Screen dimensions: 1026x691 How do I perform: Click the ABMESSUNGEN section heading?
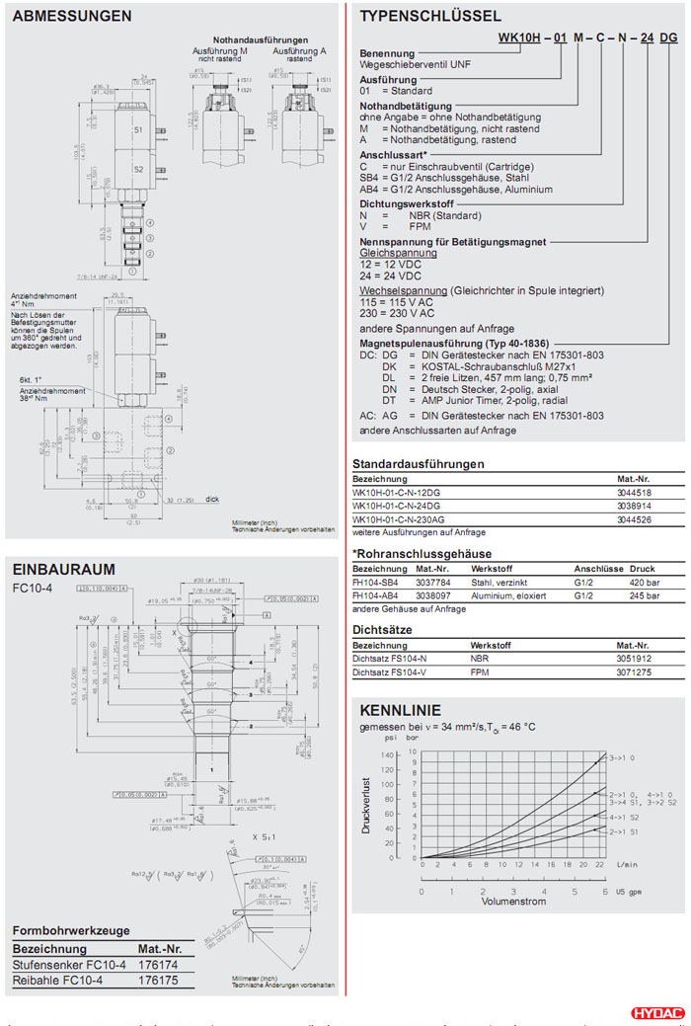[x=71, y=17]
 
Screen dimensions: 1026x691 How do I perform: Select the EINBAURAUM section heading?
[x=63, y=569]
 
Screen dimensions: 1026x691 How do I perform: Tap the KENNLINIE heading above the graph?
[x=400, y=710]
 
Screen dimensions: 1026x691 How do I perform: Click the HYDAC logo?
[x=655, y=1013]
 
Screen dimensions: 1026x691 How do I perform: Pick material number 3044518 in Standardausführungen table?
[x=634, y=491]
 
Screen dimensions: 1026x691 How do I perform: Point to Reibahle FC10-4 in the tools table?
[x=55, y=980]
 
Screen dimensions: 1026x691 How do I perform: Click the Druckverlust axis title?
[x=365, y=806]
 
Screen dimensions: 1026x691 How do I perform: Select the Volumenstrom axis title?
[x=514, y=901]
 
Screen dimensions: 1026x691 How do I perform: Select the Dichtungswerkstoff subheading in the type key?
[x=406, y=202]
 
